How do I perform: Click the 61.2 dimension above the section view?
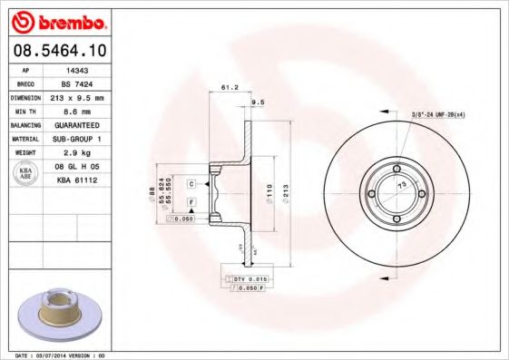coord(230,88)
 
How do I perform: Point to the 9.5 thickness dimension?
coord(257,103)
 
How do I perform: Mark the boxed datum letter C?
coord(191,184)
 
